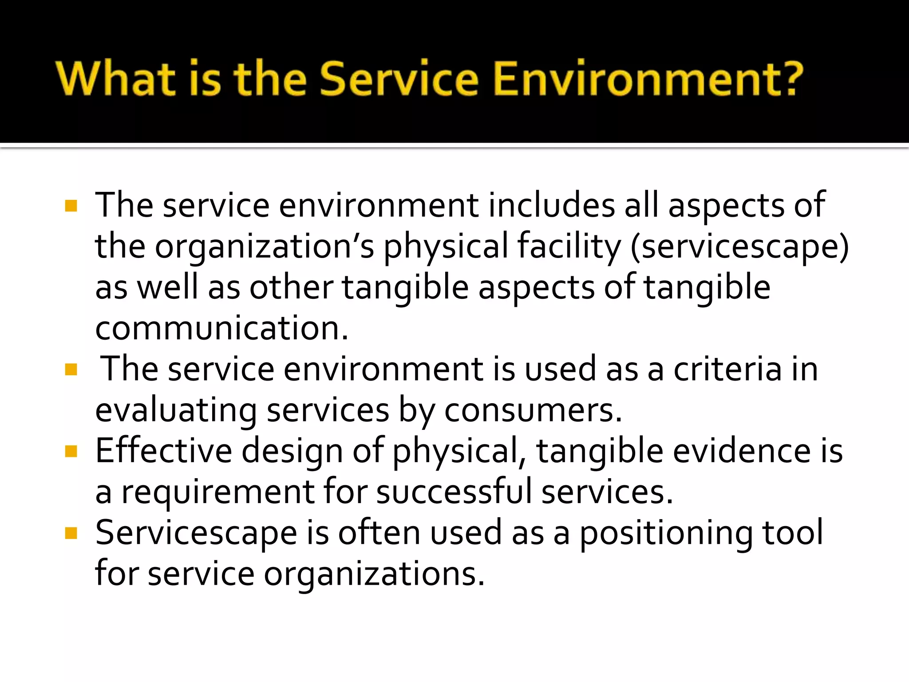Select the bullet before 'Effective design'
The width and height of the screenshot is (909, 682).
[71, 451]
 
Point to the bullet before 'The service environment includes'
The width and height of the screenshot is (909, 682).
[71, 206]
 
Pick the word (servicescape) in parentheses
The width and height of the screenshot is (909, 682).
[739, 246]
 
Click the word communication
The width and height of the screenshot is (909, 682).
[221, 328]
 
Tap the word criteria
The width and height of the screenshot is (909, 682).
[727, 369]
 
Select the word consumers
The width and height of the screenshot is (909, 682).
[533, 410]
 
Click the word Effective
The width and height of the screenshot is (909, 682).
[163, 451]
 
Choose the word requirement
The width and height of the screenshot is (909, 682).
[218, 492]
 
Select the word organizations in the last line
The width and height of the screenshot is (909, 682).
[374, 574]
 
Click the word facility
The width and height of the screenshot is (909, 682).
[569, 246]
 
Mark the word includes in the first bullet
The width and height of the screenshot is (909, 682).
[552, 205]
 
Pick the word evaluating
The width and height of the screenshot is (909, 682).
[176, 411]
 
